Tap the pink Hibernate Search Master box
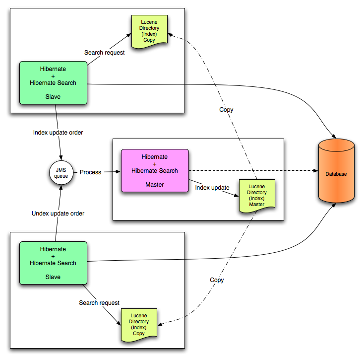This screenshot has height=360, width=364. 155,170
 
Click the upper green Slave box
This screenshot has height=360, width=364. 53,82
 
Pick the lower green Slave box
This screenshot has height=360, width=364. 53,263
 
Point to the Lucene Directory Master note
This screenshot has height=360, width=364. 257,196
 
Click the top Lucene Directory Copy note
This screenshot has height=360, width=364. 149,31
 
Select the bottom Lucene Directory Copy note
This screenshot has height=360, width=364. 139,325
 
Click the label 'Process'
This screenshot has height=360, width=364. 90,172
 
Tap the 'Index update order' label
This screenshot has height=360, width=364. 58,133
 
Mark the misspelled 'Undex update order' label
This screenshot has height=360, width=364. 58,214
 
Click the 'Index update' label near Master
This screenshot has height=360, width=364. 212,188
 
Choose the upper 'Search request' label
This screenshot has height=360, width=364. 104,52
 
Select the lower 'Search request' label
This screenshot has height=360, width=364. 99,302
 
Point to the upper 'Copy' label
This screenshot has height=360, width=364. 226,110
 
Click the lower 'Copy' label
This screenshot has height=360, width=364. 217,280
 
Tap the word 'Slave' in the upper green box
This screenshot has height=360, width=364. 53,97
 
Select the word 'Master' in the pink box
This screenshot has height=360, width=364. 155,185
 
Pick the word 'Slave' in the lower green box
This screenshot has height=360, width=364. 53,277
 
